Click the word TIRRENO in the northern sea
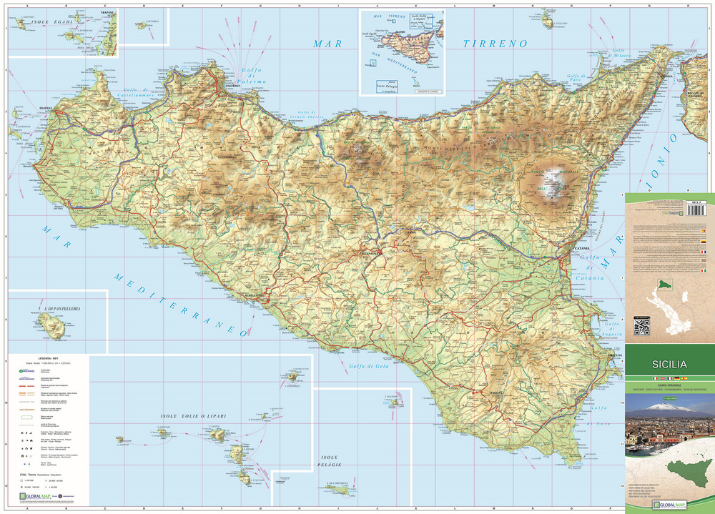494,44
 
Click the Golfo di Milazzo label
621,54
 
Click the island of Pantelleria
54,327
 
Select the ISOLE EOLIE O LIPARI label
189,416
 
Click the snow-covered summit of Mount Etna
552,191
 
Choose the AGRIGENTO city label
253,295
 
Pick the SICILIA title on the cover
669,363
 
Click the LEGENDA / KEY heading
48,357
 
